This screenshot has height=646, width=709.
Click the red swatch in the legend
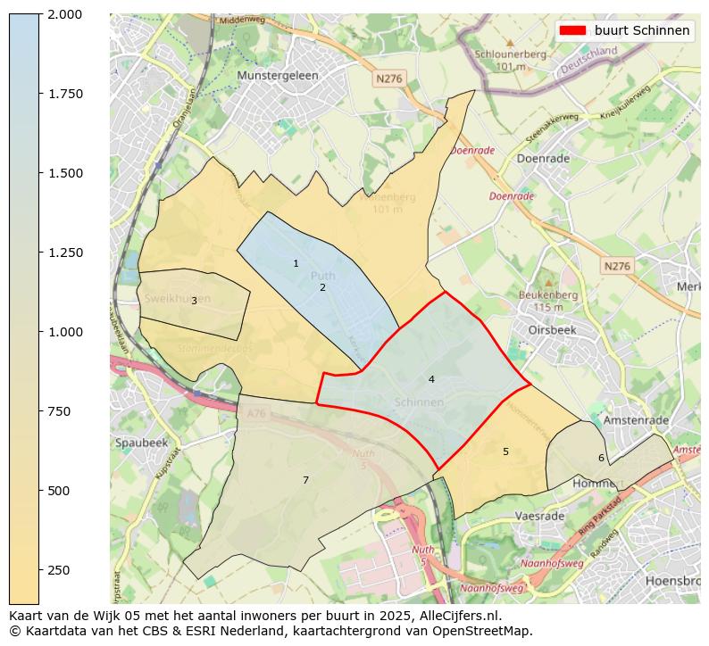point(571,30)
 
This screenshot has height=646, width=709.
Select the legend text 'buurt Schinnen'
point(642,30)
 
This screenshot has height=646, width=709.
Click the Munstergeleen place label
point(278,76)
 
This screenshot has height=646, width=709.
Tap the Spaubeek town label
point(141,443)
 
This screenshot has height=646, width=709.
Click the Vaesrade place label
point(539,517)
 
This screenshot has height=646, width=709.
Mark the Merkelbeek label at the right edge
point(688,286)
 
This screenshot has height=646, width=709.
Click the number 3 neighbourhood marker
point(194,301)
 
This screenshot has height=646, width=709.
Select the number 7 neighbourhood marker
point(305,480)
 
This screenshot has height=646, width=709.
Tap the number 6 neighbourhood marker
point(601,458)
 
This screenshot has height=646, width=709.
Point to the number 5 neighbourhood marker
point(505,451)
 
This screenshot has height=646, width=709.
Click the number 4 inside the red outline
point(431,379)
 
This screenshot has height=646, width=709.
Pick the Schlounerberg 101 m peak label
point(510,60)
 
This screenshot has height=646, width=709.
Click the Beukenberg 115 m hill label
point(547,301)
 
